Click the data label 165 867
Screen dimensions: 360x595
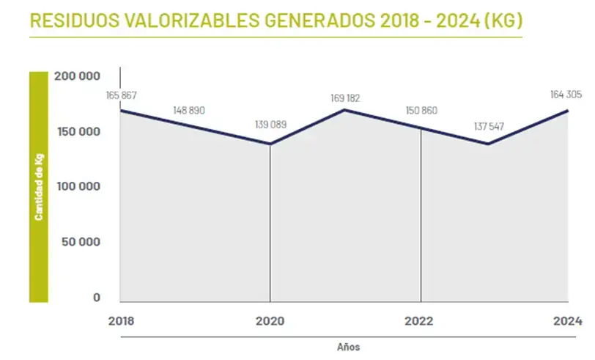click(121, 96)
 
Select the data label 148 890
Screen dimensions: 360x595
click(189, 111)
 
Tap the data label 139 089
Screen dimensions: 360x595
click(270, 125)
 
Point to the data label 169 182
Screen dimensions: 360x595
click(345, 97)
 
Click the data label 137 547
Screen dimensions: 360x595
click(489, 126)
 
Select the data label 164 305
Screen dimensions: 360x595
click(565, 94)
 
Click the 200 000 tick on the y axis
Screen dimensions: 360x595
click(77, 76)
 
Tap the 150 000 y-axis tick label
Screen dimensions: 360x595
click(77, 132)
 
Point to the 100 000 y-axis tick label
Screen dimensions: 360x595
click(77, 187)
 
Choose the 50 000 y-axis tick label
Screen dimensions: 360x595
click(80, 242)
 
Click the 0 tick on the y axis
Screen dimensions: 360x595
click(96, 298)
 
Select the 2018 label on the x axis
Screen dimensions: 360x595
click(120, 321)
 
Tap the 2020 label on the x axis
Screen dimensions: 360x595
click(270, 321)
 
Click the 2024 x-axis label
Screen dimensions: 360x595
click(567, 321)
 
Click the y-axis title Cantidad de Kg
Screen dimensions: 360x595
click(38, 186)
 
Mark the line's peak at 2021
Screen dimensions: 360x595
click(345, 110)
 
